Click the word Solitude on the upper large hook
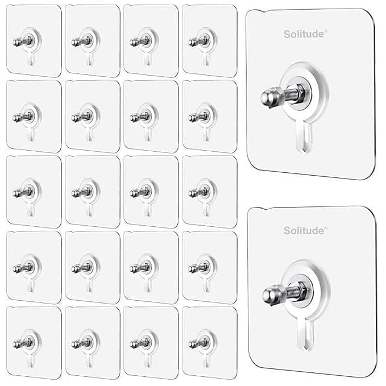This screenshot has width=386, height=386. pyautogui.click(x=303, y=34)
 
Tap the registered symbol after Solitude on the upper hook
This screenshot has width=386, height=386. pyautogui.click(x=326, y=31)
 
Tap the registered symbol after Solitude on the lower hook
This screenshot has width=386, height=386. pyautogui.click(x=326, y=227)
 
